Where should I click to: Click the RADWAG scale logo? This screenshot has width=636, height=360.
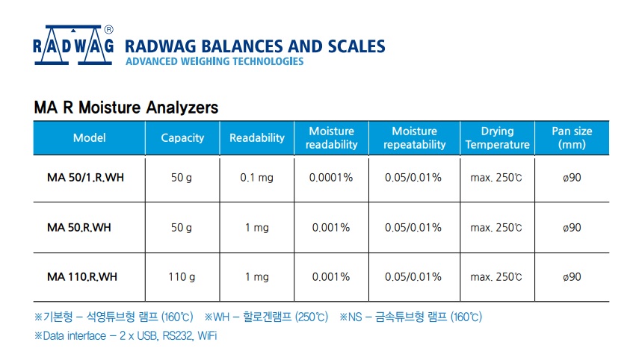tap(73, 45)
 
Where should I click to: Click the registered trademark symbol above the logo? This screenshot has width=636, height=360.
tap(108, 29)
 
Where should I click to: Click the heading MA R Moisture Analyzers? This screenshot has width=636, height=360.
tap(126, 108)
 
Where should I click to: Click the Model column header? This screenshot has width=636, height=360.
tap(89, 138)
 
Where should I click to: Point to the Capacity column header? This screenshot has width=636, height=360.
tap(182, 138)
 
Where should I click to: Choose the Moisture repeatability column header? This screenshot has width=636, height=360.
tap(415, 138)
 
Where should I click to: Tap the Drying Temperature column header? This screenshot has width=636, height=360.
tap(497, 138)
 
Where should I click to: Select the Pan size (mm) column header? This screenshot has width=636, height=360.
tap(572, 138)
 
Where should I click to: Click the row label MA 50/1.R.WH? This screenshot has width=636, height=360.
tap(86, 178)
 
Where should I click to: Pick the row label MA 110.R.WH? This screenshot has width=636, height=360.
tap(82, 277)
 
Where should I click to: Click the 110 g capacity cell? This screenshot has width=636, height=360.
tap(182, 277)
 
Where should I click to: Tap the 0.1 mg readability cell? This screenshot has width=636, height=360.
tap(257, 178)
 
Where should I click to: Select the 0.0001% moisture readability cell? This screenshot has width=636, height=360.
tap(331, 178)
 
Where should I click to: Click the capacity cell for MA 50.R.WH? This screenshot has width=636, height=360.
tap(182, 228)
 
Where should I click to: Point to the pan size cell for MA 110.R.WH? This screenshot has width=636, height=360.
tap(572, 277)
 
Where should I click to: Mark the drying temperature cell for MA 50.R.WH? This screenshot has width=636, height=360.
tap(496, 228)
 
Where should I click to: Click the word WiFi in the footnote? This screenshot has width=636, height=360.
tap(207, 336)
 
